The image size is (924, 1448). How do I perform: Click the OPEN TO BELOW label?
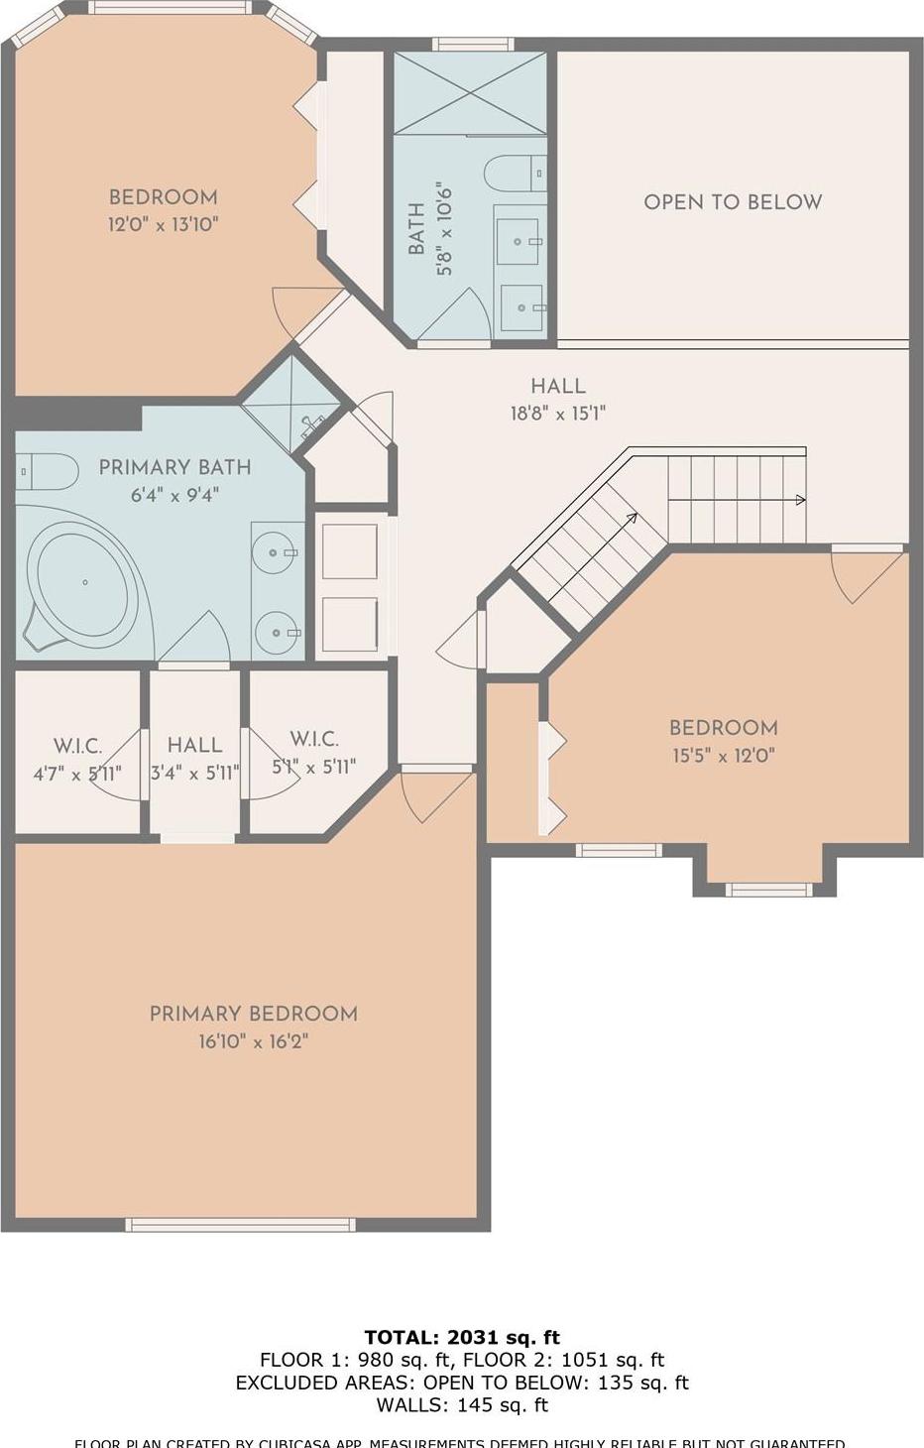pos(733,202)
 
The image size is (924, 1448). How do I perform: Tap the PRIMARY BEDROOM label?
pos(253,1014)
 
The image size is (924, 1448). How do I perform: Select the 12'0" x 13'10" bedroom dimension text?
pos(163,224)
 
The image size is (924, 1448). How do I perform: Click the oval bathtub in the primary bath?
pos(83,583)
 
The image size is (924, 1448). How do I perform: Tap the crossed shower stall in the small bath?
pos(470,93)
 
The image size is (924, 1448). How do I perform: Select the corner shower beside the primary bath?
pos(293,403)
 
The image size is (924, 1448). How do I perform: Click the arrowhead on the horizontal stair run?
pos(800,501)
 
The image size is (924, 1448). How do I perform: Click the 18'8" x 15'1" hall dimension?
pos(557,414)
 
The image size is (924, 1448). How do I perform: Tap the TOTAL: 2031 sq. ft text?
pos(462,1337)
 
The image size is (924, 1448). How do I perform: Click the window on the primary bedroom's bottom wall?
pos(240,1225)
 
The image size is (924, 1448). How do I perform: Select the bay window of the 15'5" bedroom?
pos(769,890)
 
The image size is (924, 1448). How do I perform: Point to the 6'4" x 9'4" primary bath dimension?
pos(174,494)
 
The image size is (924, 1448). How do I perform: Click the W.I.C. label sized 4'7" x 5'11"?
pos(77,746)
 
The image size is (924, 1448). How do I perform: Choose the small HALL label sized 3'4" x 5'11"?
pos(194,745)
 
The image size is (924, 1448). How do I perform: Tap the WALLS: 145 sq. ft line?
pos(462,1404)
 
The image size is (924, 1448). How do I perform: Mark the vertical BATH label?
pos(417,228)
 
